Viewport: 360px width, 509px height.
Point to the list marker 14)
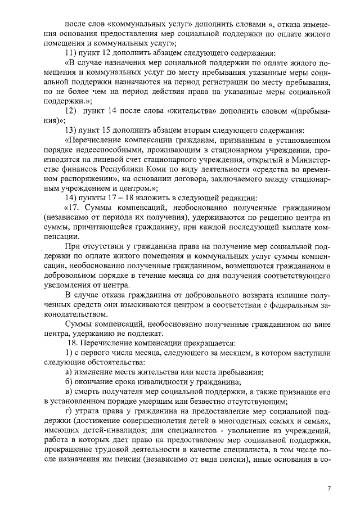click(x=72, y=197)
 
